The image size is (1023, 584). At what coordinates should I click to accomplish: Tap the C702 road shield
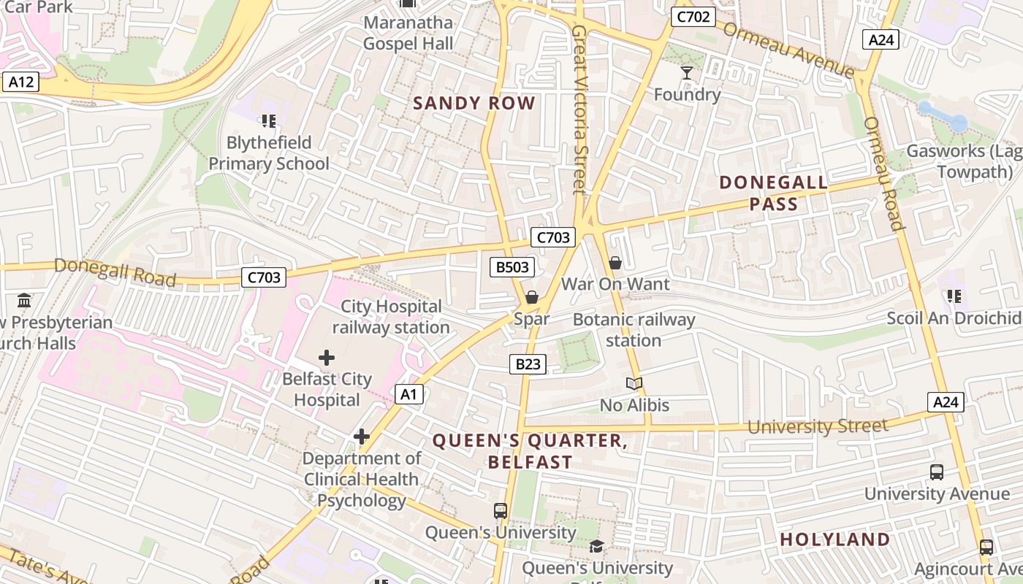(x=693, y=17)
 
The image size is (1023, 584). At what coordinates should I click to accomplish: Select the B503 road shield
(x=512, y=267)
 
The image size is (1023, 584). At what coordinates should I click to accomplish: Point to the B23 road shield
(x=528, y=364)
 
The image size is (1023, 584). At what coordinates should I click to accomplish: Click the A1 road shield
(x=409, y=395)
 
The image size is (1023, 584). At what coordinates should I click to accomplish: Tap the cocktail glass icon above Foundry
(x=687, y=72)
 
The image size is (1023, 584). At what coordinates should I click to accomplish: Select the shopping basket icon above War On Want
(x=615, y=263)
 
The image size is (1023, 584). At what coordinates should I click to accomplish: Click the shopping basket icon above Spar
(x=531, y=297)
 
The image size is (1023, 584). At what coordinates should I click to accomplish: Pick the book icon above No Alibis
(x=634, y=383)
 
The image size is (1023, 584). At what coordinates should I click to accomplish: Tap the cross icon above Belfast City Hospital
(x=327, y=358)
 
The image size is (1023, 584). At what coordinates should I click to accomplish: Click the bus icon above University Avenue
(x=937, y=472)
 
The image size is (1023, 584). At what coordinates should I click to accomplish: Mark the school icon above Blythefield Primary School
(x=268, y=120)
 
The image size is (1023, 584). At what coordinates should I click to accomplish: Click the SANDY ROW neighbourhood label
(x=474, y=103)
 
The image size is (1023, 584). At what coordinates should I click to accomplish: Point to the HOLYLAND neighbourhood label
(x=835, y=539)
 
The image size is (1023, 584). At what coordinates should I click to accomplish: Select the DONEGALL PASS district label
(x=774, y=193)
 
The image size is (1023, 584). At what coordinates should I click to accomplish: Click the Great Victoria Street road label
(x=579, y=109)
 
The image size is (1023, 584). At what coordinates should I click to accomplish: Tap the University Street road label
(x=818, y=426)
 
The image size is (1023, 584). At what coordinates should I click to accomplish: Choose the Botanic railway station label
(x=634, y=330)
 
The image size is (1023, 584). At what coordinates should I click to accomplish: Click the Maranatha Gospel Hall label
(x=408, y=33)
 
